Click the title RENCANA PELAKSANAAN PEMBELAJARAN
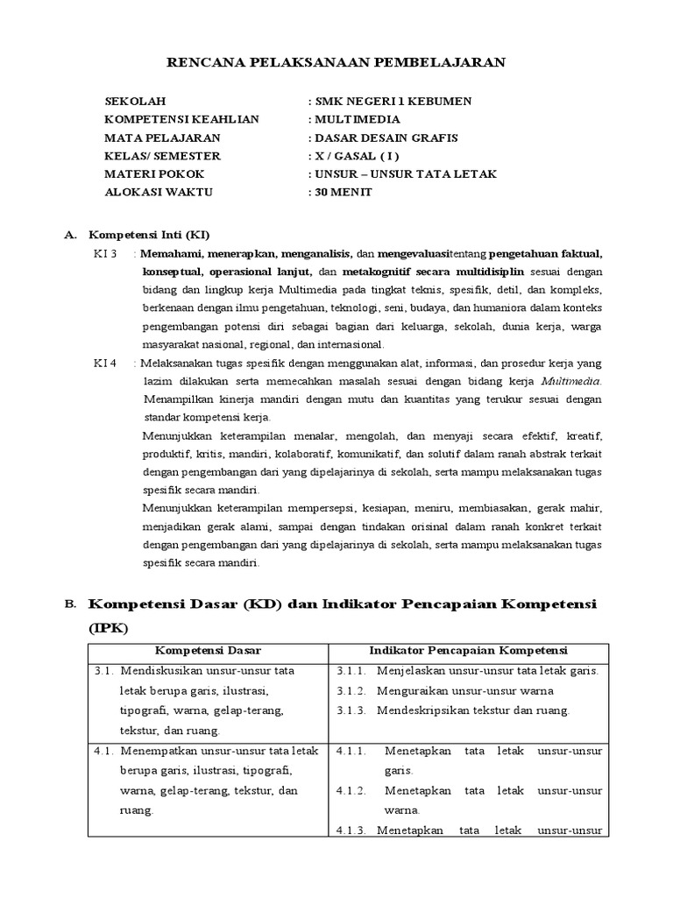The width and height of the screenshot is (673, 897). pyautogui.click(x=336, y=62)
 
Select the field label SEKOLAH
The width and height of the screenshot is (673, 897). pyautogui.click(x=135, y=101)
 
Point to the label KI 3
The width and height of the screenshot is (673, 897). pyautogui.click(x=105, y=254)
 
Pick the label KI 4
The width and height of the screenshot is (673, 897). pyautogui.click(x=105, y=363)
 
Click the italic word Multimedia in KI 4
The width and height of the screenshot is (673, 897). pyautogui.click(x=571, y=381)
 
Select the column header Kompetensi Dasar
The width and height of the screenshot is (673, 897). pyautogui.click(x=209, y=650)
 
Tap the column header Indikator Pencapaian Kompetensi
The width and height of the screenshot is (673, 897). pyautogui.click(x=469, y=650)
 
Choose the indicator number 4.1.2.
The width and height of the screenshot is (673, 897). pyautogui.click(x=351, y=790)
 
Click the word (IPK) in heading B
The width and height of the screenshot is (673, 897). pyautogui.click(x=109, y=628)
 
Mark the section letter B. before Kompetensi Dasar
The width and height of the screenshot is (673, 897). pyautogui.click(x=71, y=604)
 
